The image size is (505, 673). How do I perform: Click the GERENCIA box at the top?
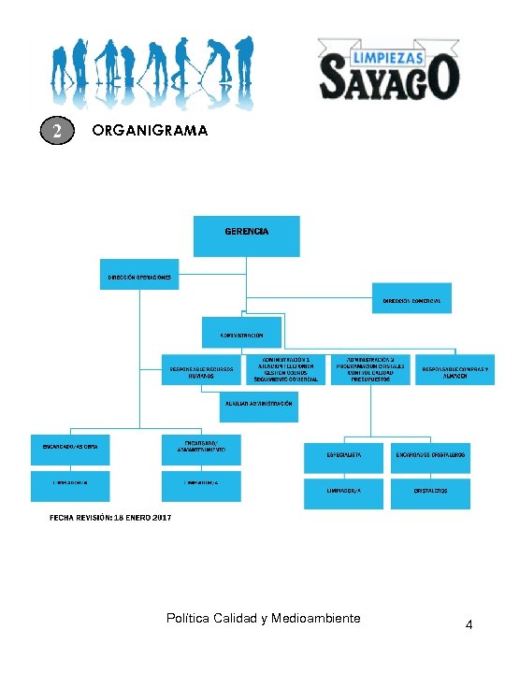click(246, 236)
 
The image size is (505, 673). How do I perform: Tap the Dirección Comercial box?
click(411, 299)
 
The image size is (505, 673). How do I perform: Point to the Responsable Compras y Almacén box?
click(455, 370)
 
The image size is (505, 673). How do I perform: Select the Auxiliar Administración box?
click(257, 404)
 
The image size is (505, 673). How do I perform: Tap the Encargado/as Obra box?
click(70, 447)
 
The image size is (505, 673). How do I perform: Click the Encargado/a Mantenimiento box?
click(201, 449)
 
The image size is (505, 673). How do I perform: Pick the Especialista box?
click(343, 454)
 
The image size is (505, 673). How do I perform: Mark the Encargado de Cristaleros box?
click(430, 454)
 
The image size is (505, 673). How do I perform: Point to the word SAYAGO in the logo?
click(387, 78)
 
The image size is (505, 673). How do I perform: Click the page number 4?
click(469, 624)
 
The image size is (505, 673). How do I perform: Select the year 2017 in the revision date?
click(160, 517)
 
